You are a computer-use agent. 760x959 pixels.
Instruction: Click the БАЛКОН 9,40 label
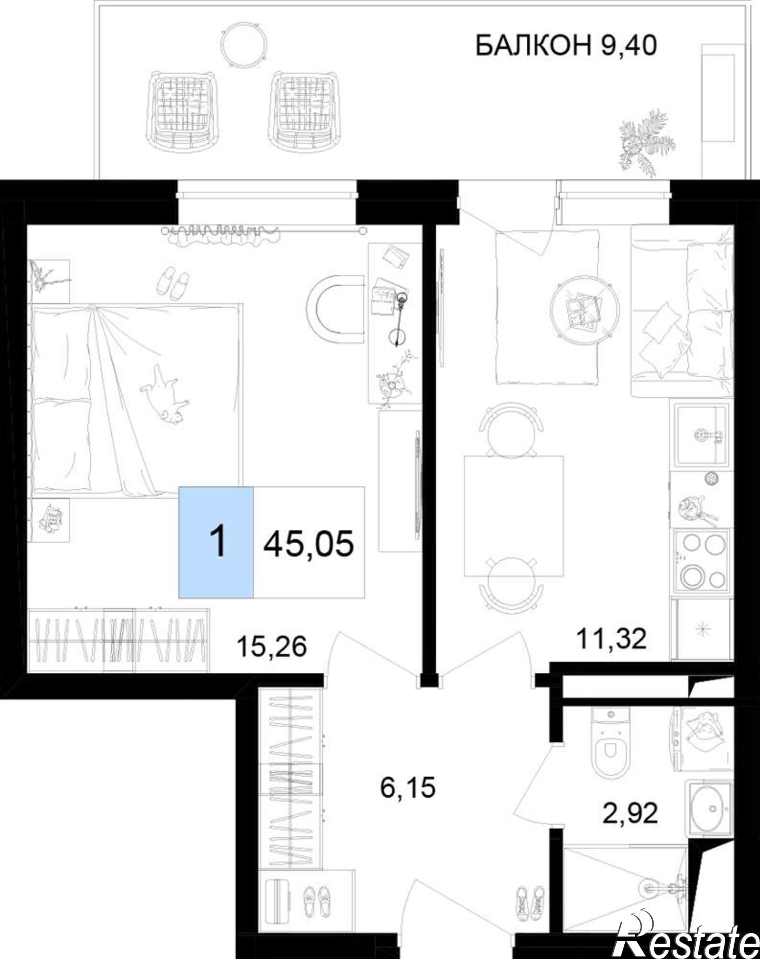565,47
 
